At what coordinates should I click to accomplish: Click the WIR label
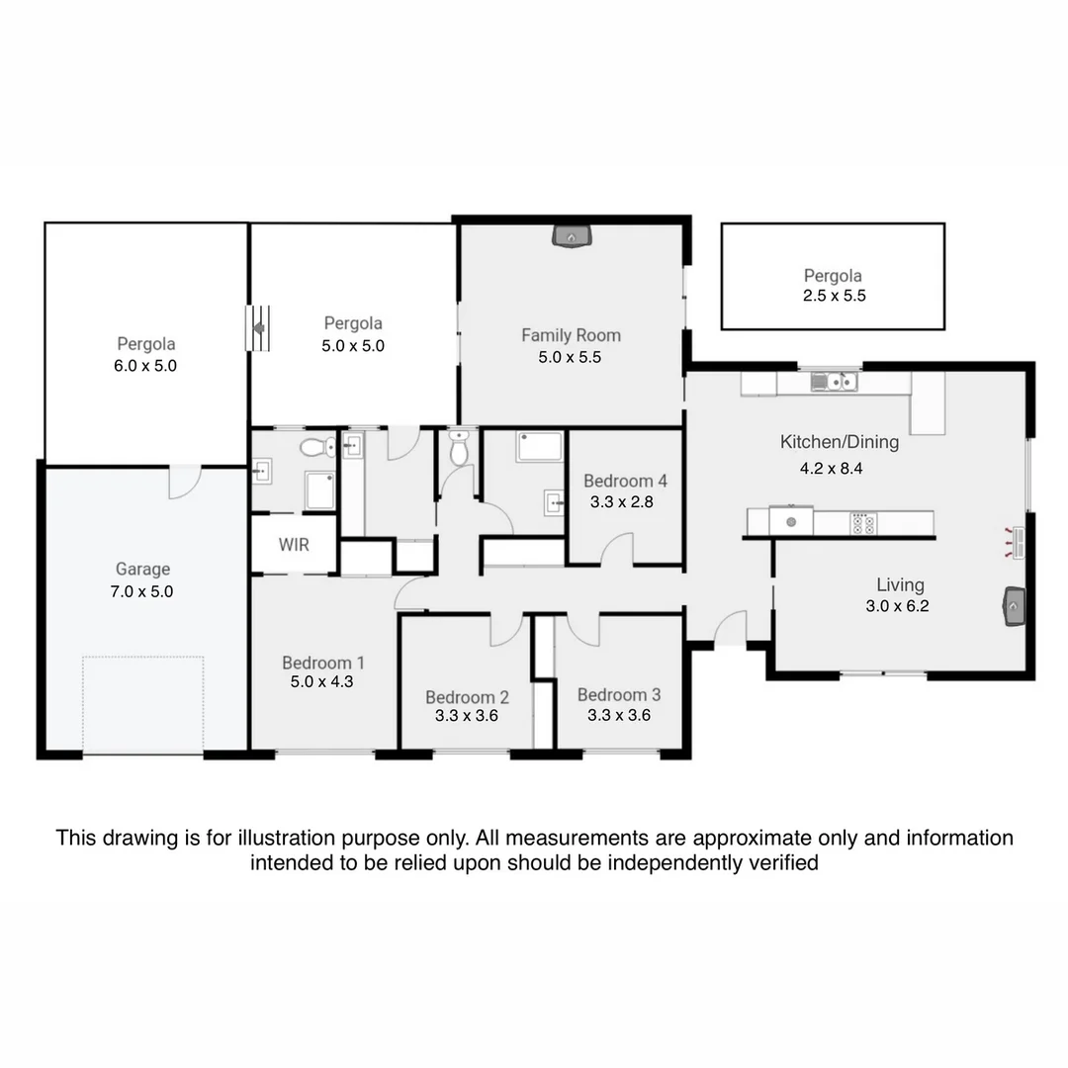(x=294, y=545)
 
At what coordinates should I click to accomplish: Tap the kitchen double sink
(x=834, y=381)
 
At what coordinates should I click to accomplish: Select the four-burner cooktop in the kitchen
(x=862, y=522)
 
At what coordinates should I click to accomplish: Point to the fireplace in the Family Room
(x=571, y=236)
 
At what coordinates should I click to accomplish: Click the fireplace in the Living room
(x=1015, y=605)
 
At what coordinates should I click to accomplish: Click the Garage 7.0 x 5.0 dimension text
(x=142, y=591)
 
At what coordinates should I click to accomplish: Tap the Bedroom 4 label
(x=625, y=482)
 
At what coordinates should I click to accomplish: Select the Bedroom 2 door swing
(x=506, y=630)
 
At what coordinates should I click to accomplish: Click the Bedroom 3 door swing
(x=583, y=630)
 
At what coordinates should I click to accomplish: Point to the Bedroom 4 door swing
(x=618, y=549)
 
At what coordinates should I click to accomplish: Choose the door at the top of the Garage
(x=184, y=482)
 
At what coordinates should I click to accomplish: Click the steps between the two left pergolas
(x=257, y=327)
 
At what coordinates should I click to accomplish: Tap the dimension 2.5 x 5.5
(x=834, y=296)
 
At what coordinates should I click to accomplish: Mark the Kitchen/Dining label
(x=839, y=442)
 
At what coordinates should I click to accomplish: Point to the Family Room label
(x=571, y=335)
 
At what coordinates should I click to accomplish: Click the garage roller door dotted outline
(x=143, y=704)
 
